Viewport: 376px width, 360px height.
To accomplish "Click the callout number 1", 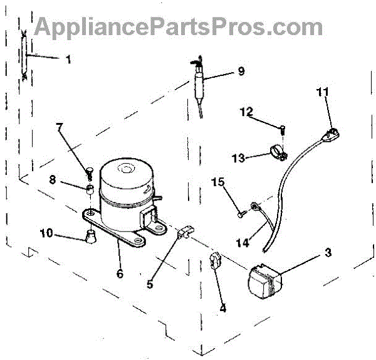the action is (68, 59).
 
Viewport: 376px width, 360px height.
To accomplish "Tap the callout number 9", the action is (241, 71).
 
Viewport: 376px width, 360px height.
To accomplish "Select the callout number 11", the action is (323, 92).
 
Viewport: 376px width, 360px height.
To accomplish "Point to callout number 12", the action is (246, 112).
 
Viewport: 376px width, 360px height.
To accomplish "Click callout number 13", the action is (238, 158).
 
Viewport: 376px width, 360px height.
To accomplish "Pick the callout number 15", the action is (217, 182).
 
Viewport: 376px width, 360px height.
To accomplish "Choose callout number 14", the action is (243, 243).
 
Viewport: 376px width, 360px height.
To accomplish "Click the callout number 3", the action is (328, 253).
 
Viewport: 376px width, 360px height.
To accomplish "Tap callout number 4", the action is (222, 308).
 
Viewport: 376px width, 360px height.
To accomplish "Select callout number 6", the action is (120, 273).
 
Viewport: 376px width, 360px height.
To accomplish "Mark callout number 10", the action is (46, 233).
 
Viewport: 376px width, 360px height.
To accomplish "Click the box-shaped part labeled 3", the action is (265, 281).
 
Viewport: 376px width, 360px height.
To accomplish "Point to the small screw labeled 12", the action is (283, 130).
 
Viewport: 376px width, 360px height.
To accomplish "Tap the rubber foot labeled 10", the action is (90, 236).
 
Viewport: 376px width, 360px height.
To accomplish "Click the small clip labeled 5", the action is (185, 232).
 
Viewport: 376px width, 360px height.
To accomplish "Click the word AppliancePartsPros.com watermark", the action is (179, 28).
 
